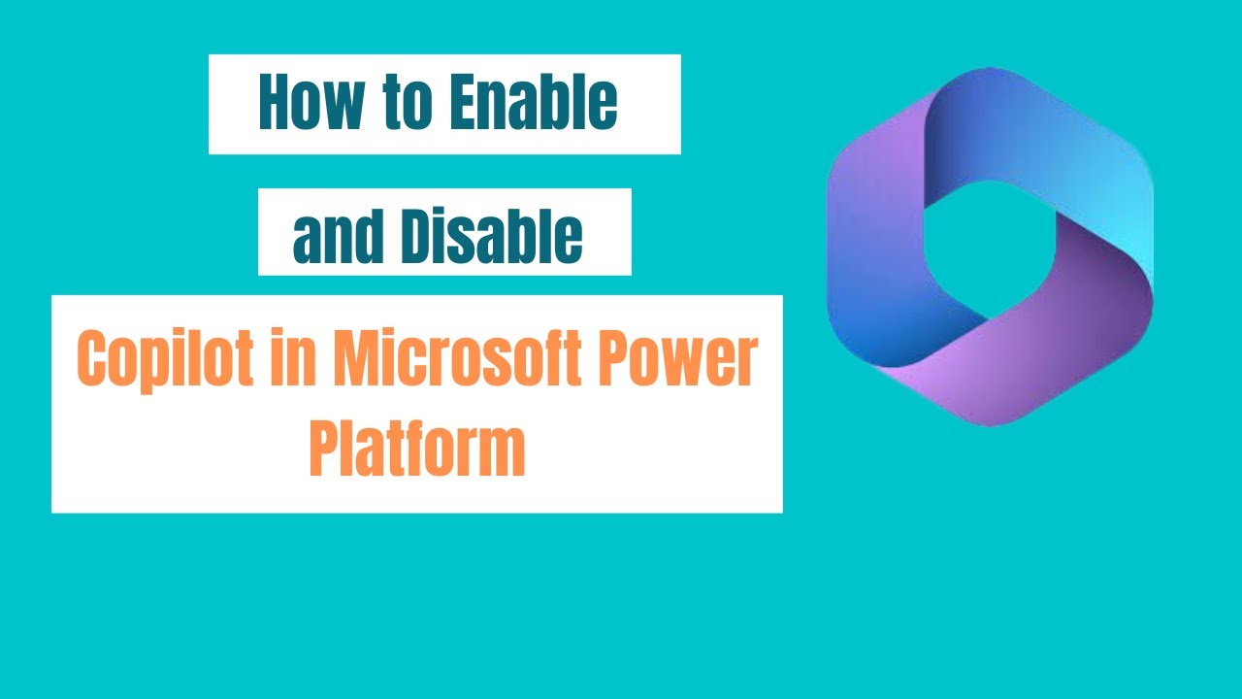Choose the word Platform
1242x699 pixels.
417,448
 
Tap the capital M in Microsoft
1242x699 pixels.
354,358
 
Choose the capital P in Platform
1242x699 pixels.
323,448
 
